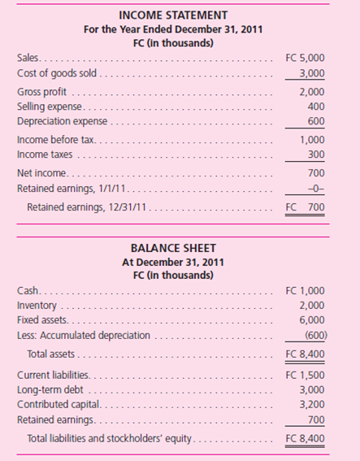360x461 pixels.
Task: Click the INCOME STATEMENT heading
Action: pos(180,14)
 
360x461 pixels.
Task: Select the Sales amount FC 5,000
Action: pos(306,59)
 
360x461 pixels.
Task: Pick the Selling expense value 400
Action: pos(316,107)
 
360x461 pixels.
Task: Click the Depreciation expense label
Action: pos(62,122)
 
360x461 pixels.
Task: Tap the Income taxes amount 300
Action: pos(316,154)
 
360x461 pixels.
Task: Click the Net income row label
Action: pos(42,173)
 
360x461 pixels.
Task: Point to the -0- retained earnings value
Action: pos(316,189)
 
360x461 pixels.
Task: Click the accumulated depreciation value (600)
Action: pos(314,335)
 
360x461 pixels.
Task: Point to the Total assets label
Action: pos(54,354)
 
